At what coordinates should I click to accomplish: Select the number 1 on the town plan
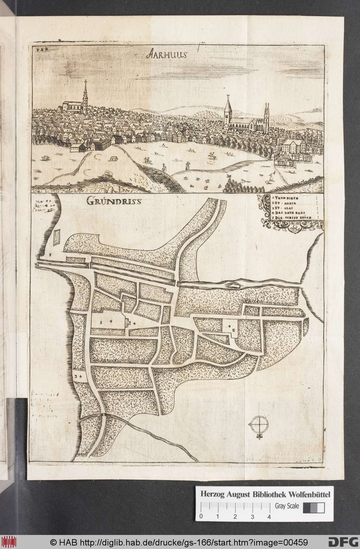pyautogui.click(x=101, y=321)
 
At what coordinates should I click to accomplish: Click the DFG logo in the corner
pyautogui.click(x=345, y=541)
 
